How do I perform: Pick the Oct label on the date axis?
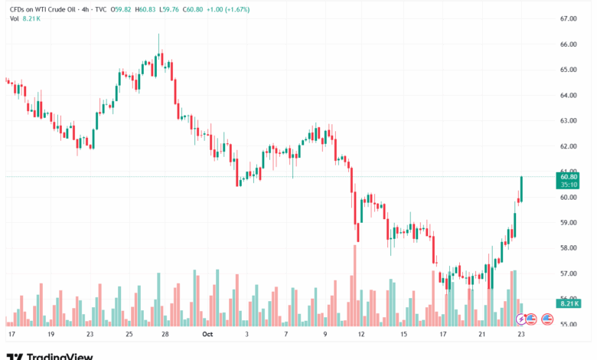click(x=207, y=335)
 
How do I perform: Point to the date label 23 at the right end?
click(x=520, y=335)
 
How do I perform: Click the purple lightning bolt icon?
click(x=522, y=318)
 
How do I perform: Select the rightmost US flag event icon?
click(x=547, y=318)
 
